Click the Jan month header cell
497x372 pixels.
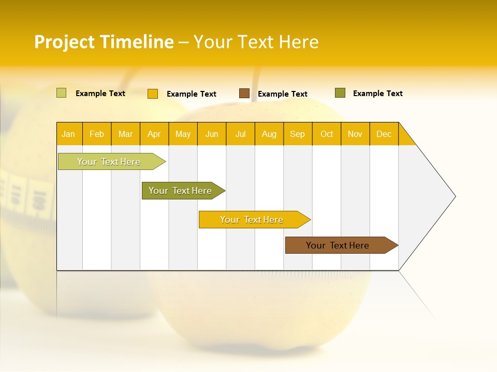(x=69, y=134)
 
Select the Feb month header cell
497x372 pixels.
(x=97, y=134)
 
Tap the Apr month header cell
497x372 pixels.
(x=154, y=134)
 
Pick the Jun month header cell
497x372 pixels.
(x=212, y=134)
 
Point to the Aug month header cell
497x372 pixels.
(x=269, y=134)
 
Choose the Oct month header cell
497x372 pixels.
(x=327, y=134)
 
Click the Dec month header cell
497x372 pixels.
(x=384, y=134)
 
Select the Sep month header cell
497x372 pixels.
(x=298, y=134)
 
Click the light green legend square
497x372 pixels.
(x=62, y=93)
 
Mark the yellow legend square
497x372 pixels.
(x=153, y=94)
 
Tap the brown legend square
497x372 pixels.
(x=244, y=94)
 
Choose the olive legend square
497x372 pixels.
(x=340, y=93)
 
